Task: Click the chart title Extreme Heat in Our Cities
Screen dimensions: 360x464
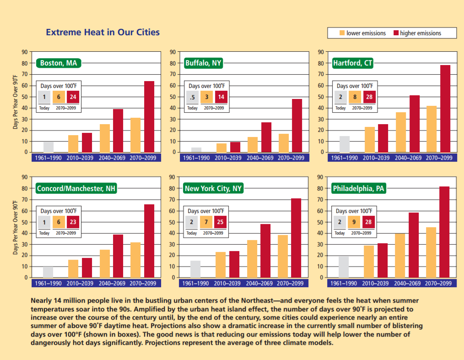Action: point(103,33)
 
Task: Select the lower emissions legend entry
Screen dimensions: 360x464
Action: point(362,33)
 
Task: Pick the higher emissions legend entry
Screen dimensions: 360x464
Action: point(417,33)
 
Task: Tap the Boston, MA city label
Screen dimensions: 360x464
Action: point(58,63)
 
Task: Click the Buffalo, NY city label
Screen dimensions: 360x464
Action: point(203,63)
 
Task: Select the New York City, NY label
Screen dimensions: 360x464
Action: point(213,188)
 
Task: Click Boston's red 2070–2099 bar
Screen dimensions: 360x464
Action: point(149,116)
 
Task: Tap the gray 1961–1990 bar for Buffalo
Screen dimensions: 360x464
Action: point(196,149)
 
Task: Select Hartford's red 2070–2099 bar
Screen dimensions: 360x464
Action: point(445,109)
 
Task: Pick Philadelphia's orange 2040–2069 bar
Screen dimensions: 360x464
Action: point(400,255)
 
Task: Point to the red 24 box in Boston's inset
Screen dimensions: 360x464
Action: point(73,97)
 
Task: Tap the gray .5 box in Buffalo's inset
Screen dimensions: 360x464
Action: point(192,97)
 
